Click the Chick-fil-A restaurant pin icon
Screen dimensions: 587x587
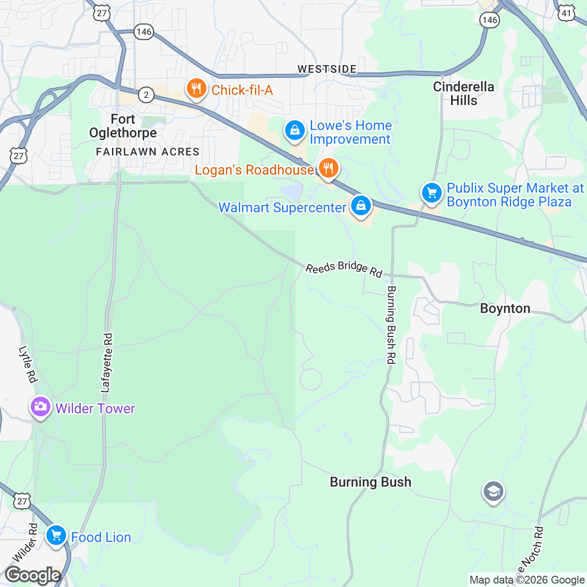196,89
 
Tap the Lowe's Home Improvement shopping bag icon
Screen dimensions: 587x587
295,131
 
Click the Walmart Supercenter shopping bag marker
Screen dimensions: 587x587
361,206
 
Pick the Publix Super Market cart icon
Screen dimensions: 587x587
431,193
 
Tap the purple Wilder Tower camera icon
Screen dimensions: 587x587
40,406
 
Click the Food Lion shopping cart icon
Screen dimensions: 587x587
56,535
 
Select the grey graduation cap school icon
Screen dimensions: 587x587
493,492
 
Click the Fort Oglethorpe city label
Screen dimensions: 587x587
123,126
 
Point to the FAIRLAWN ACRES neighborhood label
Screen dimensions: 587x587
148,152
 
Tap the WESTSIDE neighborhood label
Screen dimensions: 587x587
327,69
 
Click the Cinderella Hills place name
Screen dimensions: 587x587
463,93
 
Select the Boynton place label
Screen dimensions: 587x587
505,309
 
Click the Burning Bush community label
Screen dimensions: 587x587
370,482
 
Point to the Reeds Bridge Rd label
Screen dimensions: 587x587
344,269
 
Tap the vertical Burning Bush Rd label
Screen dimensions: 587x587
391,325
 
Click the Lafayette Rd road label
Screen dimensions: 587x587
106,363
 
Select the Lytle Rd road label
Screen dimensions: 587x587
28,364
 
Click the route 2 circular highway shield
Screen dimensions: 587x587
146,94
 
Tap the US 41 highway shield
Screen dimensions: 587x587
566,13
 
